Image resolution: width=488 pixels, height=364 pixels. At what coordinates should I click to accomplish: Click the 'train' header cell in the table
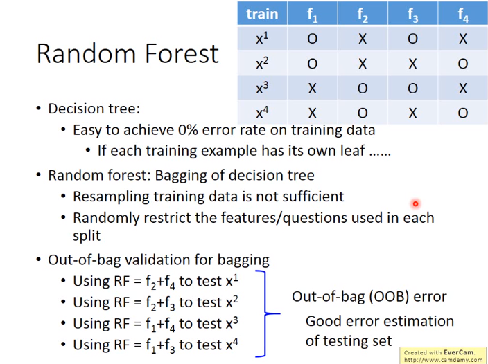pos(262,13)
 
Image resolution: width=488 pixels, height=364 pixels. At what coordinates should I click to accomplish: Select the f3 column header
pos(412,13)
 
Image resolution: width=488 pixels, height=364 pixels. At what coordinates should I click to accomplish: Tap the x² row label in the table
pos(262,63)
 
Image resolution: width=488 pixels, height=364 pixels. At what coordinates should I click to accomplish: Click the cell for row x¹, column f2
pos(363,39)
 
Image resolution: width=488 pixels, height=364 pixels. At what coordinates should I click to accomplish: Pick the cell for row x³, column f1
pos(312,88)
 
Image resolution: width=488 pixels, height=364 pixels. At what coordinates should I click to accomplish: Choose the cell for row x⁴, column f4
pos(463,113)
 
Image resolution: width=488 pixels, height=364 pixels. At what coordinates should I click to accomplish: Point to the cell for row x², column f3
pos(412,63)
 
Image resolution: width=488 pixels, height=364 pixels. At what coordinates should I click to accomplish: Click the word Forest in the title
pos(182,53)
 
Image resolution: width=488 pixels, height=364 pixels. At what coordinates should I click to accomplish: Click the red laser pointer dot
pos(415,203)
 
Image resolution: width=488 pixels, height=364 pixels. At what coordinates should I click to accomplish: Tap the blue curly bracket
pos(265,313)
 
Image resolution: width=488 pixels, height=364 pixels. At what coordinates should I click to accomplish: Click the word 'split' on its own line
pos(87,236)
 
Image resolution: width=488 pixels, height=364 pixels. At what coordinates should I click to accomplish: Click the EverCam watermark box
pos(443,355)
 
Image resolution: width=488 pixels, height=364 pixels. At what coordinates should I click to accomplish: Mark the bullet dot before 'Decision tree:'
pos(38,108)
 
